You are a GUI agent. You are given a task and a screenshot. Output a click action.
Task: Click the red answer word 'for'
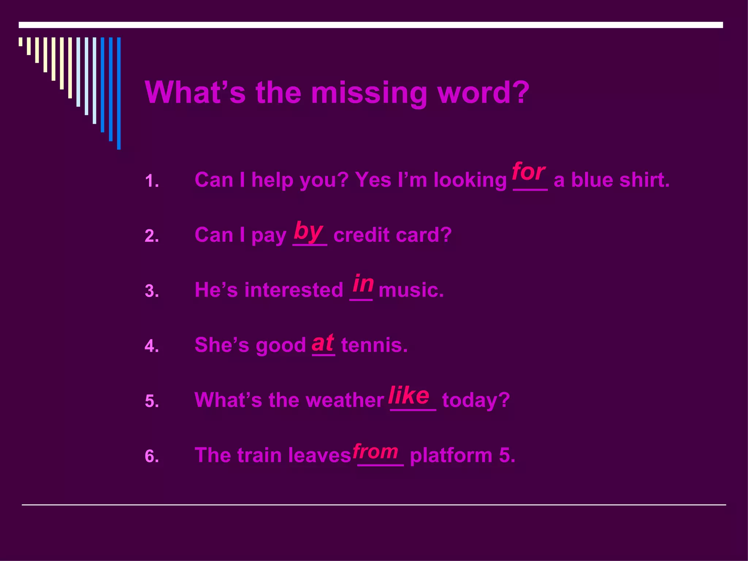tap(528, 172)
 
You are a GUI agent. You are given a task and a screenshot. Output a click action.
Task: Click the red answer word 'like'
tap(409, 395)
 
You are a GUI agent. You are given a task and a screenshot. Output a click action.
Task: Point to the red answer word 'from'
tap(375, 452)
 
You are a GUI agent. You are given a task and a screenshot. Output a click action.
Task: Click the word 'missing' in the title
tap(369, 93)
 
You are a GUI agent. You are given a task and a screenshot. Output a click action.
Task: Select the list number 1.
tap(152, 181)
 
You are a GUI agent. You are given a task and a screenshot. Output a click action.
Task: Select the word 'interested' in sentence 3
tap(294, 290)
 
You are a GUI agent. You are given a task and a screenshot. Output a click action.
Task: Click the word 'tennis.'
tap(374, 345)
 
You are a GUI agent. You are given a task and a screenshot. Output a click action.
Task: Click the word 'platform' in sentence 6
tap(451, 455)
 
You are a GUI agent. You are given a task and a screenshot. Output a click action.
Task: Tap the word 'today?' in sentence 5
tap(476, 400)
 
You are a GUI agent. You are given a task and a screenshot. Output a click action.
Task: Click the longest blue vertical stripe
tap(119, 93)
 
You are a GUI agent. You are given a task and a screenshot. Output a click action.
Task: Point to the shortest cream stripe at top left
tap(20, 42)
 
